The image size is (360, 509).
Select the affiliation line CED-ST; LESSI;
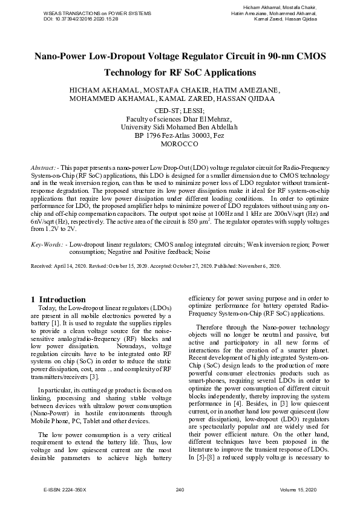(x=180, y=111)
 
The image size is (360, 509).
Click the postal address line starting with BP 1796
(x=180, y=137)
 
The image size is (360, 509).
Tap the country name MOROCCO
(x=180, y=145)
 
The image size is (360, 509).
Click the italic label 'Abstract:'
(x=45, y=166)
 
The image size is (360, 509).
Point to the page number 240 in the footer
(x=179, y=488)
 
